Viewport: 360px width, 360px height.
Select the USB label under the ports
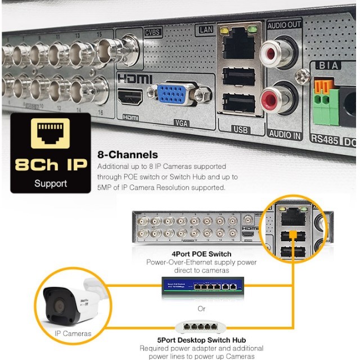tap(240, 130)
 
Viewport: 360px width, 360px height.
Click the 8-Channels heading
tap(128, 154)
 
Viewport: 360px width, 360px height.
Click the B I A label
tap(327, 66)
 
